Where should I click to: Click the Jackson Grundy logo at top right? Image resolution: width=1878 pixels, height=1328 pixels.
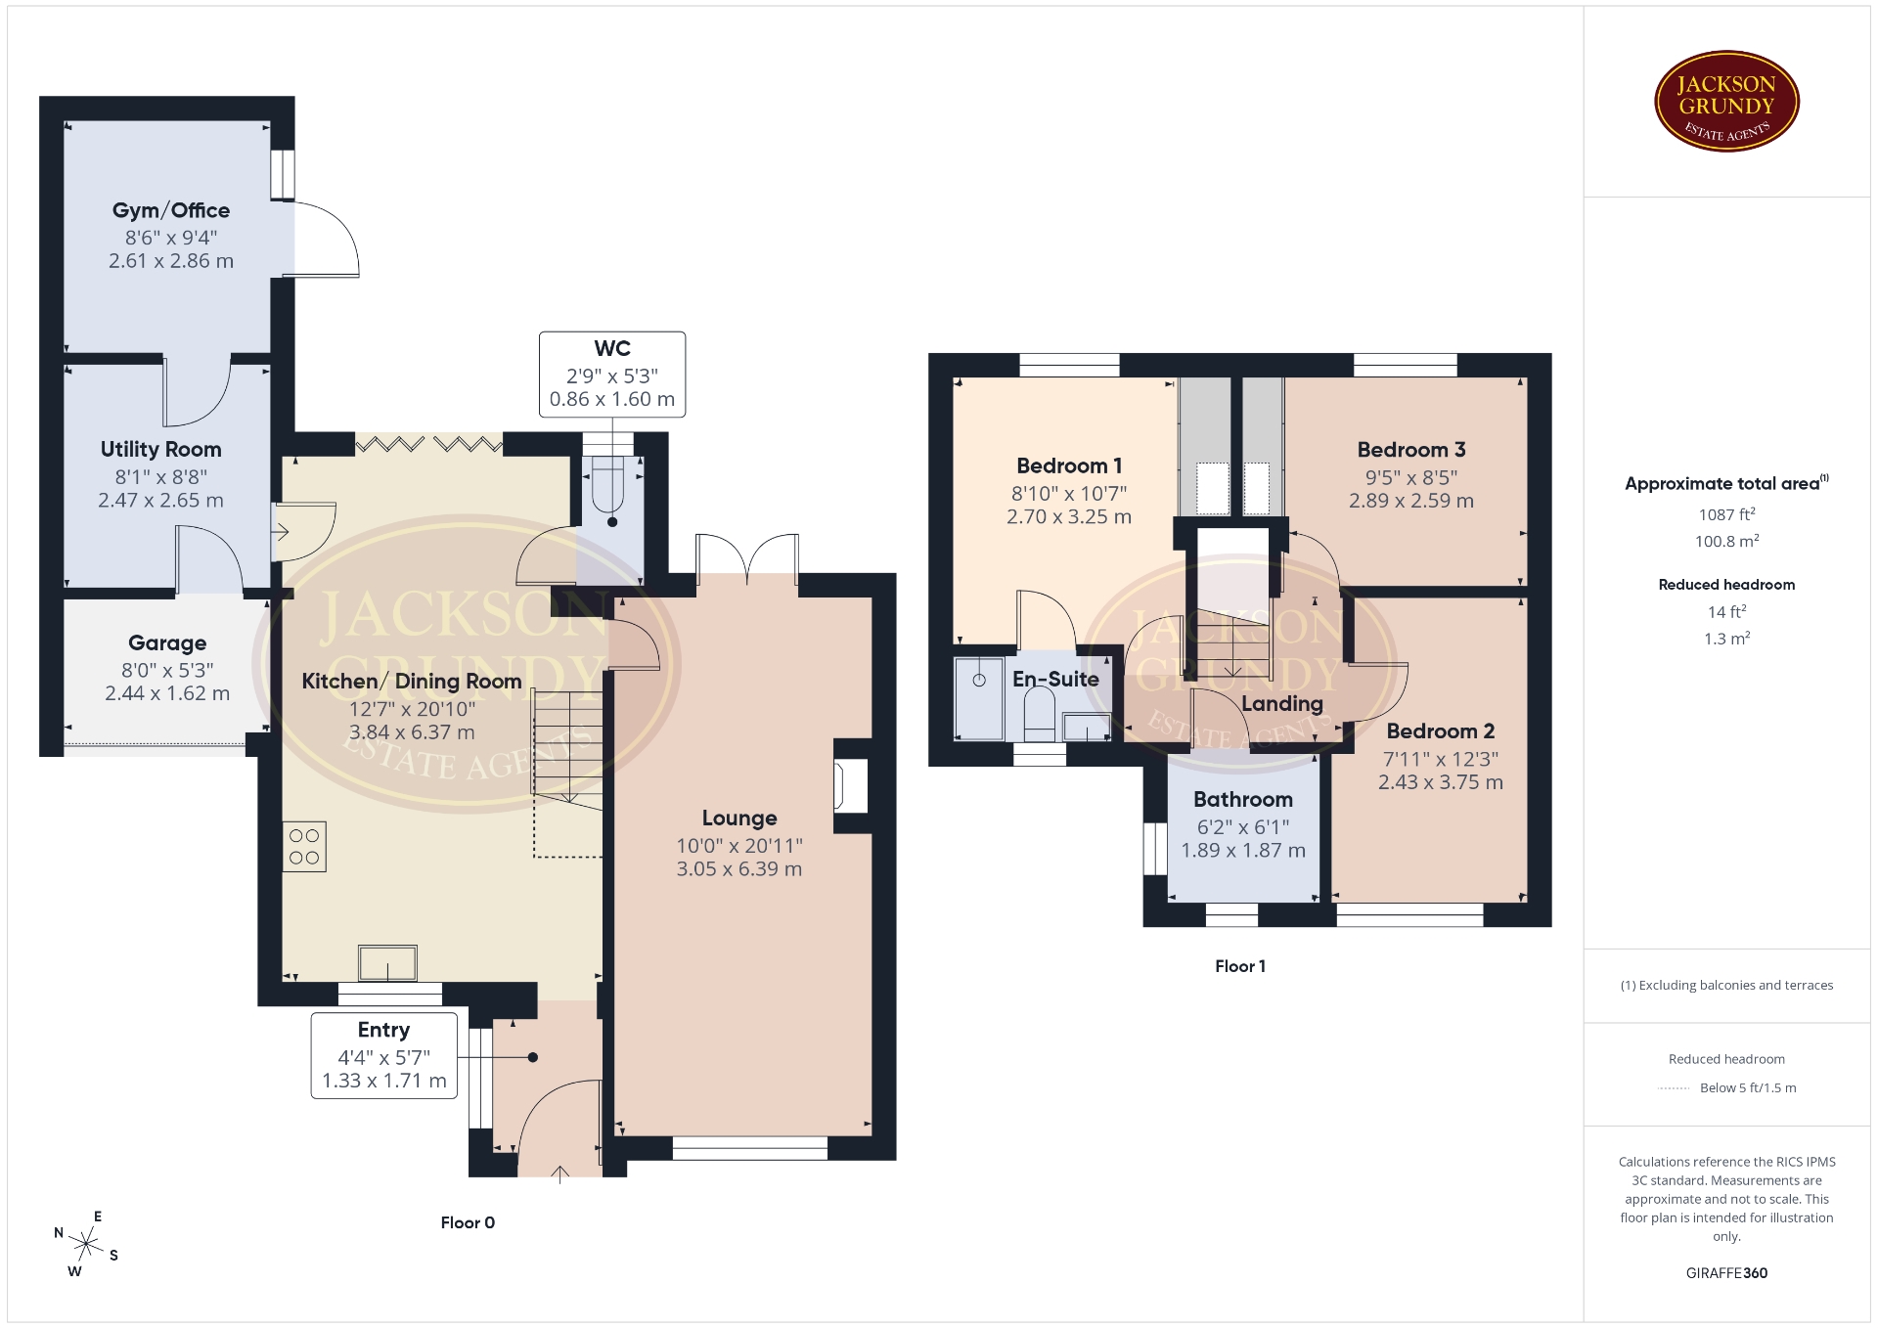coord(1726,102)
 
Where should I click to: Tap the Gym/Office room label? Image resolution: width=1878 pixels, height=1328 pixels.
coord(171,210)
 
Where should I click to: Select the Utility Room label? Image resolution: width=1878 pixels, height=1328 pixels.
coord(161,450)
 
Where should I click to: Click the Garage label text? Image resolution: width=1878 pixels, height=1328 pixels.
coord(167,642)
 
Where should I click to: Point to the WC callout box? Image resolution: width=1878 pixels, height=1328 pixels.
coord(612,375)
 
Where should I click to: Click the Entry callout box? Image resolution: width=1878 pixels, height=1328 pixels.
coord(384,1055)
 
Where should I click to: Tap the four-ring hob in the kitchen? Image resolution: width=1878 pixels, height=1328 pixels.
coord(304,847)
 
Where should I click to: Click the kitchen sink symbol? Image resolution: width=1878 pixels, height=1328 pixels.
coord(388,963)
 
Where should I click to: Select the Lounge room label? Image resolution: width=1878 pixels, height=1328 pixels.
coord(739,819)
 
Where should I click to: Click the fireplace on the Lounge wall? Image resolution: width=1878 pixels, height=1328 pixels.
coord(850,785)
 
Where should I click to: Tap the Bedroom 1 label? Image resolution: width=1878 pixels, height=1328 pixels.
coord(1069,465)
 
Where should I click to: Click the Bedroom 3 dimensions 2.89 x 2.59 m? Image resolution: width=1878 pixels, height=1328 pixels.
coord(1411,501)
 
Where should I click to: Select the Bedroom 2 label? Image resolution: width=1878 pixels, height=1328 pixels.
coord(1441,731)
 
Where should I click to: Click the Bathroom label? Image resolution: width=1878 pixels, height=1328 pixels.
coord(1243,800)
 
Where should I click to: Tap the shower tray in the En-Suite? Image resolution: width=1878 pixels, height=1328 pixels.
coord(979,698)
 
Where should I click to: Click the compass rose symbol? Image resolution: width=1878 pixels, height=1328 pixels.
coord(87,1245)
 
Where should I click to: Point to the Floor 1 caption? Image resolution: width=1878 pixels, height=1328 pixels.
coord(1240,966)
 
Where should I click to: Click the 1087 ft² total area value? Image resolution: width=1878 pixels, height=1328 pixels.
coord(1727,514)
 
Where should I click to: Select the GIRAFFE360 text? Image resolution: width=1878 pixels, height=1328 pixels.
coord(1727,1273)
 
